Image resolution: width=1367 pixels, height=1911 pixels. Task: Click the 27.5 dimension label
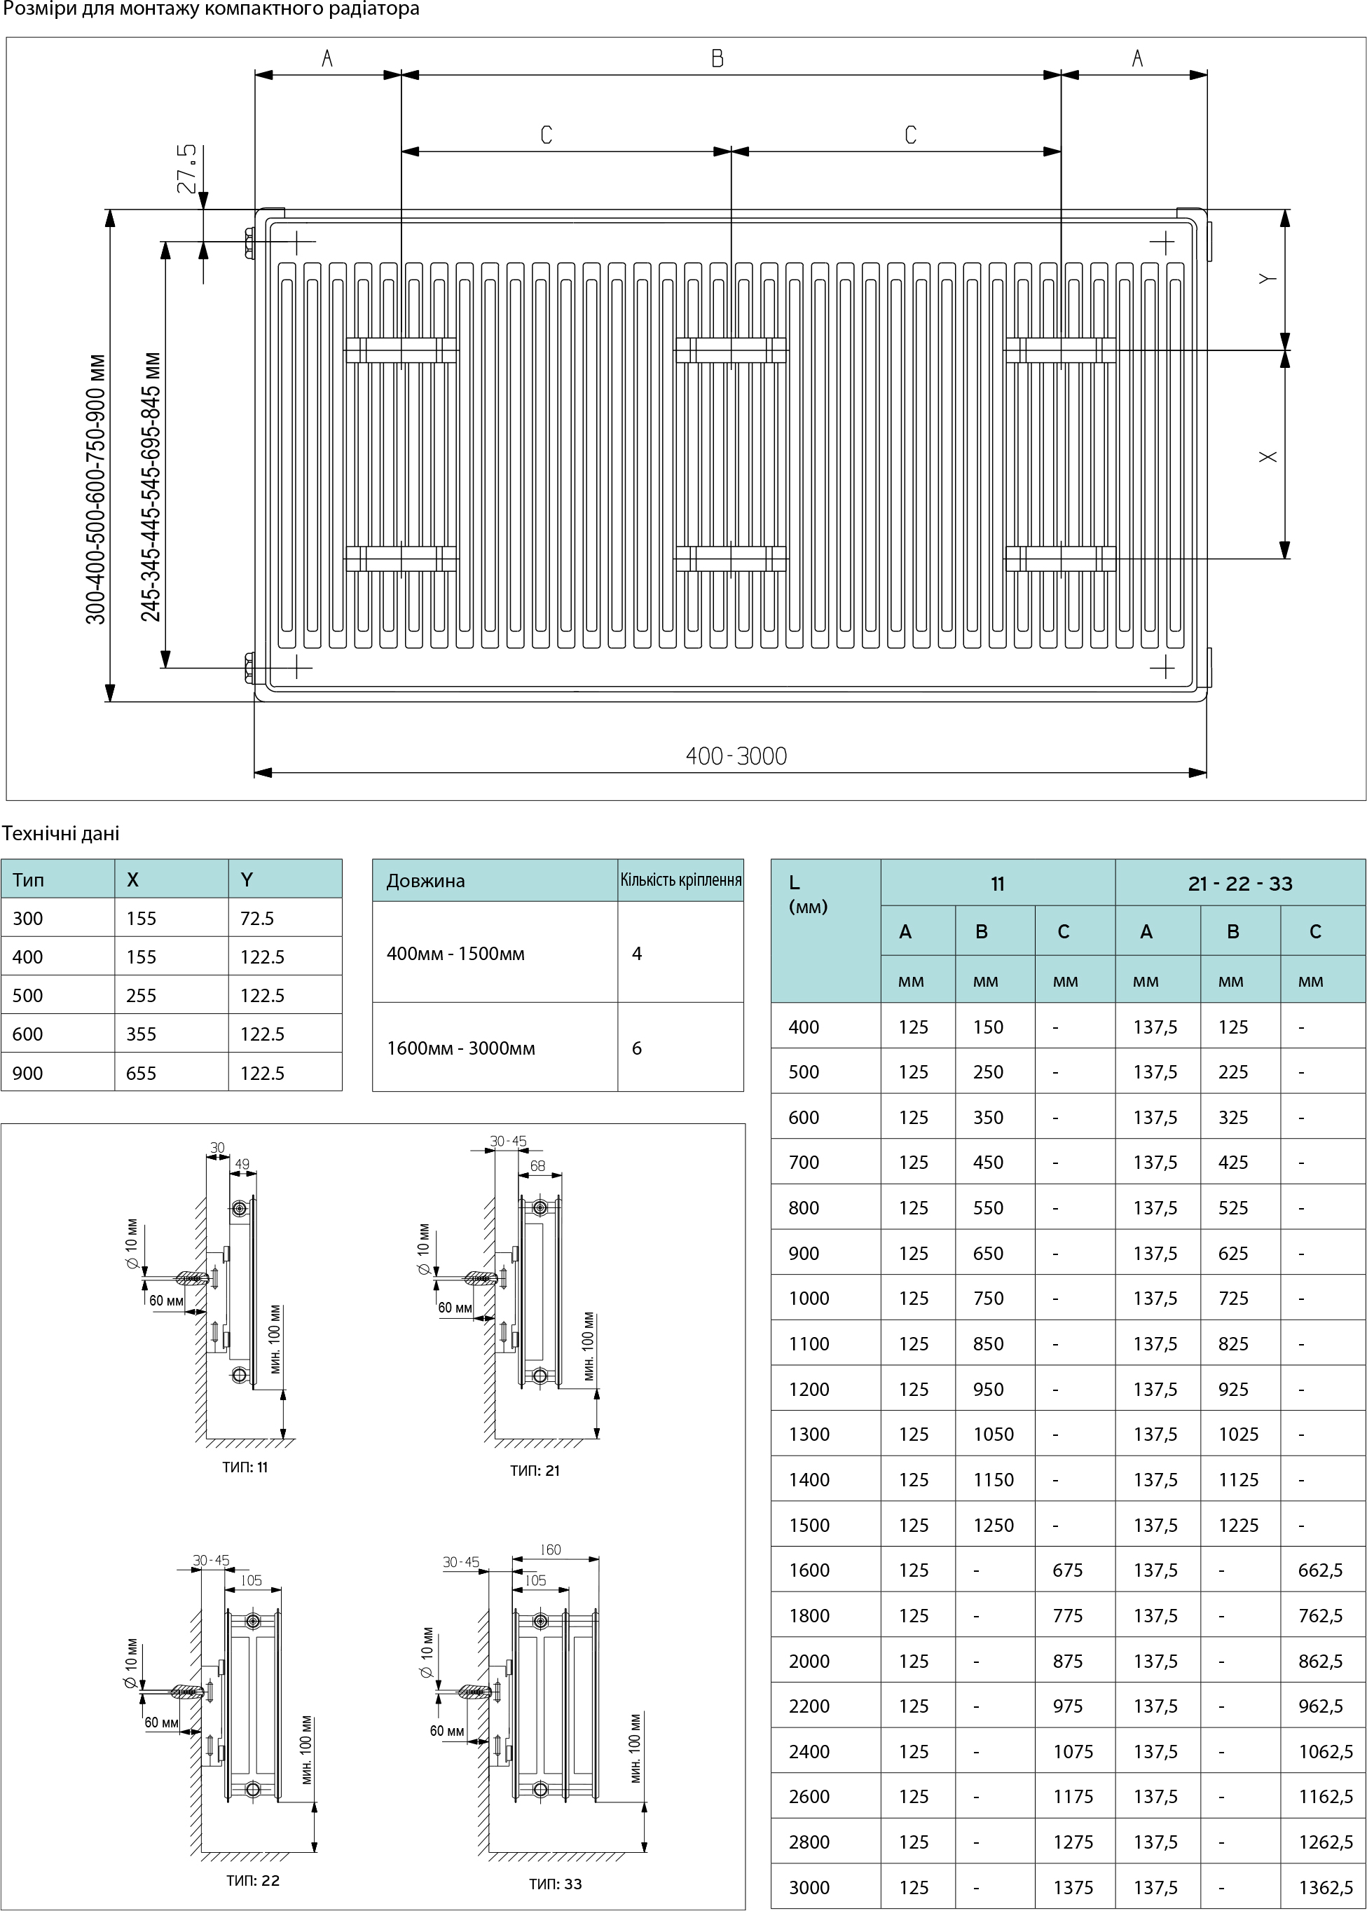point(188,168)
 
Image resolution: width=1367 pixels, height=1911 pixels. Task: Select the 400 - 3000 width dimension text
point(736,756)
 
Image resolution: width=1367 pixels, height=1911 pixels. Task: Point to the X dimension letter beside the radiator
point(1268,456)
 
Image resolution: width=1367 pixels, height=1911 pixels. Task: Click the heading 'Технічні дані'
point(60,833)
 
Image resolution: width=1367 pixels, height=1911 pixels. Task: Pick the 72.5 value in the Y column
point(256,919)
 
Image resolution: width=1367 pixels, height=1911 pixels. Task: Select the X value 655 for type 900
point(142,1074)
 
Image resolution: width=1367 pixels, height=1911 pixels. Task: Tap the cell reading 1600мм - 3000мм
point(460,1048)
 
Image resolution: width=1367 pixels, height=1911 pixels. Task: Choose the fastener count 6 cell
point(637,1048)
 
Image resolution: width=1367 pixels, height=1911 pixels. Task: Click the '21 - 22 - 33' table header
point(1240,883)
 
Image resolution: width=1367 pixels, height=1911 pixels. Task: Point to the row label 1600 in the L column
point(809,1570)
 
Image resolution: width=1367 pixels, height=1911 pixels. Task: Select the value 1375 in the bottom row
point(1073,1887)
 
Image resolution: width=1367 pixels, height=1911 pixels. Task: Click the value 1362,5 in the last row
point(1326,1887)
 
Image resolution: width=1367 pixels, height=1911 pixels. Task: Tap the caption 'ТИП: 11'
point(245,1467)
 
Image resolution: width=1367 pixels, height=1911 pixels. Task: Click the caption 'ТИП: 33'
point(556,1884)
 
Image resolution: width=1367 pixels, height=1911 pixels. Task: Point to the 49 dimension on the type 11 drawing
point(242,1165)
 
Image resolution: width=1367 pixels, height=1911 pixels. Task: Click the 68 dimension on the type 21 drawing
point(537,1166)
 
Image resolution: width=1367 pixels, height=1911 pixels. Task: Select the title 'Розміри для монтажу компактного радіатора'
point(210,10)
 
